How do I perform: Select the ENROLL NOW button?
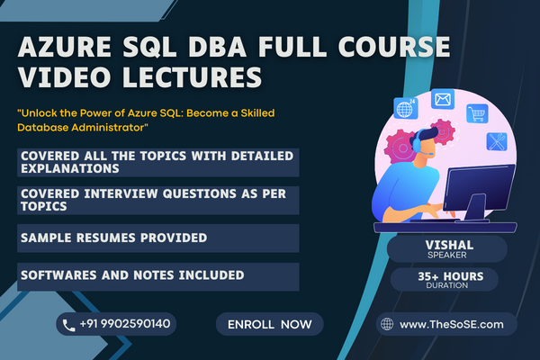pos(269,323)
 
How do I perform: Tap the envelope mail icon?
pos(442,99)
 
